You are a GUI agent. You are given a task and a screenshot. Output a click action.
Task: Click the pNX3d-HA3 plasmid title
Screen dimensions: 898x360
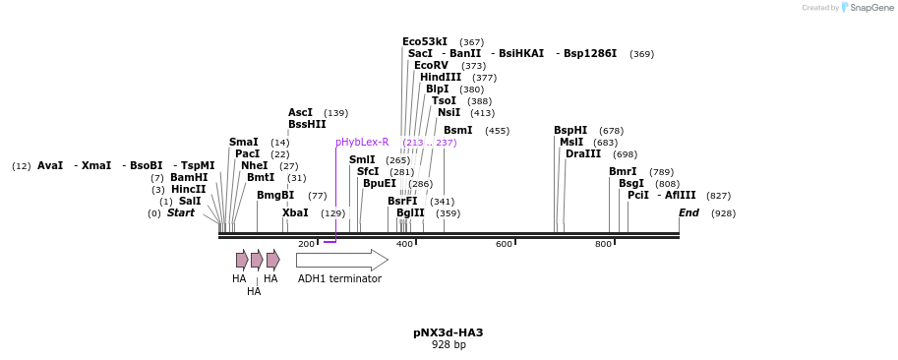pos(448,332)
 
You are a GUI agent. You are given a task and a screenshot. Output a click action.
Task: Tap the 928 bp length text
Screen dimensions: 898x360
pos(449,345)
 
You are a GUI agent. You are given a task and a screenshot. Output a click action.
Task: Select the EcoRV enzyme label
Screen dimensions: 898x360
pos(431,66)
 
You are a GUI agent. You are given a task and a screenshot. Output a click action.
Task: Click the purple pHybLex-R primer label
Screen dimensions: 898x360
pos(362,143)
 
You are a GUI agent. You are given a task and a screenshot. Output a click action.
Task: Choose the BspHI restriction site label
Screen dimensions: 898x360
pos(570,131)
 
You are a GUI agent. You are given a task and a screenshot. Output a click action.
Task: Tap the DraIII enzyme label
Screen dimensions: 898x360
pos(583,154)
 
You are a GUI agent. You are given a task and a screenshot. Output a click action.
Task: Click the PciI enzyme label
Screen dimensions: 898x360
pos(638,196)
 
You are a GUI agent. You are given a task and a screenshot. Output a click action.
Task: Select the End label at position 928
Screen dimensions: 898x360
pos(688,213)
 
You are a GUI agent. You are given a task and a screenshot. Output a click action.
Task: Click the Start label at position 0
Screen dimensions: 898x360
pos(181,213)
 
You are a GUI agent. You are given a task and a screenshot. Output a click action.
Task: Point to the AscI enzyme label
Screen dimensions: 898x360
pos(300,113)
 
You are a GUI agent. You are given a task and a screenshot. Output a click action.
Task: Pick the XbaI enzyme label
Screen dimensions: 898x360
pos(295,213)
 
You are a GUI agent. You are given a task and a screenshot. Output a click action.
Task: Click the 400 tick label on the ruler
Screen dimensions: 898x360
pos(404,244)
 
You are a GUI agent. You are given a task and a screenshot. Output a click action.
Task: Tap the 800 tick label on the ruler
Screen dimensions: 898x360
pos(603,244)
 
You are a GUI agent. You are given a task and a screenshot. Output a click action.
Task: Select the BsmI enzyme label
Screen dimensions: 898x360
pos(457,131)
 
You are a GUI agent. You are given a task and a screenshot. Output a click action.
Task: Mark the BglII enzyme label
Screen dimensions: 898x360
pos(410,213)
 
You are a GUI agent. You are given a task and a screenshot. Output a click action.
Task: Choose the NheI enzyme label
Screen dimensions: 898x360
pos(254,166)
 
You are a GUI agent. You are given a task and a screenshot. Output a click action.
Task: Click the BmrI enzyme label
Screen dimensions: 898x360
pos(623,172)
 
